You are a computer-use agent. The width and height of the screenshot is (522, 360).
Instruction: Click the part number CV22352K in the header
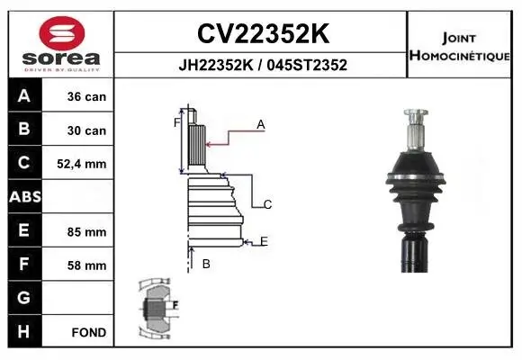[261, 33]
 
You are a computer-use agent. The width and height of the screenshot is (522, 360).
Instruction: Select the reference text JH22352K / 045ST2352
[261, 65]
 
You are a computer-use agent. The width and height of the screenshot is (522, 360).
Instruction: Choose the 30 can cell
[86, 130]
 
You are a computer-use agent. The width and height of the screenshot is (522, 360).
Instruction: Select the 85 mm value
[86, 231]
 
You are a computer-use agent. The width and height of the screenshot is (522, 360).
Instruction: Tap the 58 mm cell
[86, 265]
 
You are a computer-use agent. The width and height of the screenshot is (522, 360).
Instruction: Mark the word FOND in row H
[88, 332]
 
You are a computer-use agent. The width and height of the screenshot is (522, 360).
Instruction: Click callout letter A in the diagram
[260, 125]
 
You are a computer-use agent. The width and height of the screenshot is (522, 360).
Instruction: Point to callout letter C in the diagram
[267, 204]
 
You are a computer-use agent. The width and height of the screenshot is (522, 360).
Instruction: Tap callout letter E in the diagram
[264, 240]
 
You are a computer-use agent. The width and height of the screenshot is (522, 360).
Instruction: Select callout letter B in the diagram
[206, 264]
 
